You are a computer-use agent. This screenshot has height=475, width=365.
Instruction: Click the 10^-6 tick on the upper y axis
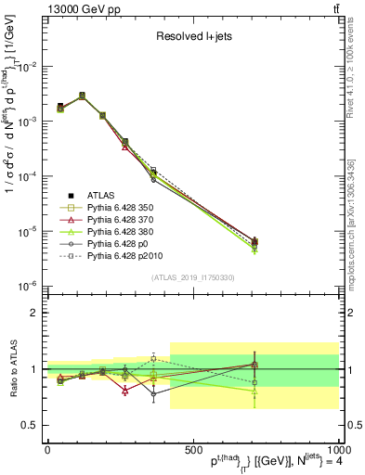click(27, 285)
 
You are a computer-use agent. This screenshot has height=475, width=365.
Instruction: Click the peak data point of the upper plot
click(82, 96)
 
